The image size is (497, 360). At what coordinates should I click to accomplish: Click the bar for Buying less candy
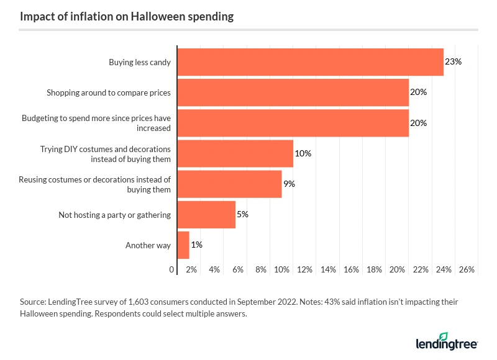click(311, 61)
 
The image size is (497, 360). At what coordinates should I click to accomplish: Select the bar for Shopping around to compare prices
click(293, 92)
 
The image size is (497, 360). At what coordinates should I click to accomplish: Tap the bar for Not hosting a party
click(206, 214)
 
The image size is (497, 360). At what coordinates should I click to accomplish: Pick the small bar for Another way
click(183, 245)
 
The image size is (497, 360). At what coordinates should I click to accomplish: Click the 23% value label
click(454, 61)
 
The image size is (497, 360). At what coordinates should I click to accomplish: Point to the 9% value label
click(289, 184)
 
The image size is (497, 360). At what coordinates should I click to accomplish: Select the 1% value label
click(196, 245)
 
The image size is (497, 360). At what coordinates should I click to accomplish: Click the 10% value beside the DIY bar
click(303, 153)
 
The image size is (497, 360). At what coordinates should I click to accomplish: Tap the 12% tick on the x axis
click(305, 270)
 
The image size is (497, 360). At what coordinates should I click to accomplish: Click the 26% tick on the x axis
click(467, 270)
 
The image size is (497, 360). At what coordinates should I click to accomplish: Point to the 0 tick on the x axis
click(172, 270)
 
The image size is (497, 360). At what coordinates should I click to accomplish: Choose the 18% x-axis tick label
click(374, 270)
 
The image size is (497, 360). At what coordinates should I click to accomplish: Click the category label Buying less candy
click(139, 62)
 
